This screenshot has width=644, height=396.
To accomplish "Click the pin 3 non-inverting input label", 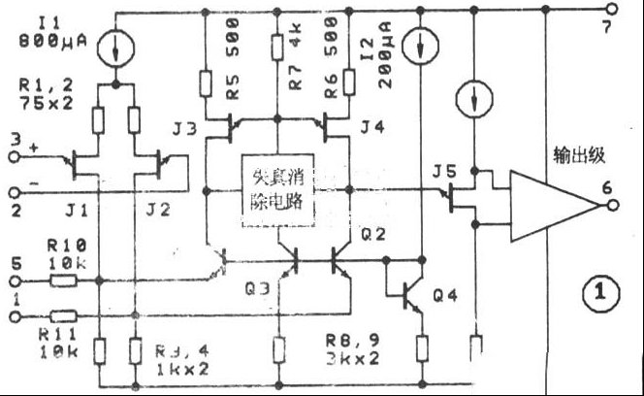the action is pos(15,143).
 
